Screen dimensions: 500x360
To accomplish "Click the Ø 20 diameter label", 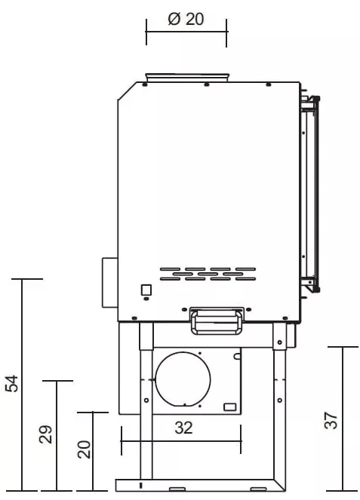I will click(186, 20).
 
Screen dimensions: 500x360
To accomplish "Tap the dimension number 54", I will click(11, 384).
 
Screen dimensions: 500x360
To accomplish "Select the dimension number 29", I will click(45, 434).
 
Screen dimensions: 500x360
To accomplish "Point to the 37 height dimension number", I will click(330, 419).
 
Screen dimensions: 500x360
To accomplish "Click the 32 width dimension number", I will click(183, 428).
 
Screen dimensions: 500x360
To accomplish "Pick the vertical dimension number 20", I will click(84, 450).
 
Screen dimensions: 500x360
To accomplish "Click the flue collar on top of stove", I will click(187, 77).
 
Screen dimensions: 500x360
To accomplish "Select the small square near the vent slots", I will click(146, 289).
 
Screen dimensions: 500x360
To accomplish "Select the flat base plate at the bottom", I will click(201, 483).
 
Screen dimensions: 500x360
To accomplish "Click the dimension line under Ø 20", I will click(186, 32).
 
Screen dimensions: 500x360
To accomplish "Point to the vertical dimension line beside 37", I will click(343, 418).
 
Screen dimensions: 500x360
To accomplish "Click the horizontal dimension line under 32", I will click(180, 441).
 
